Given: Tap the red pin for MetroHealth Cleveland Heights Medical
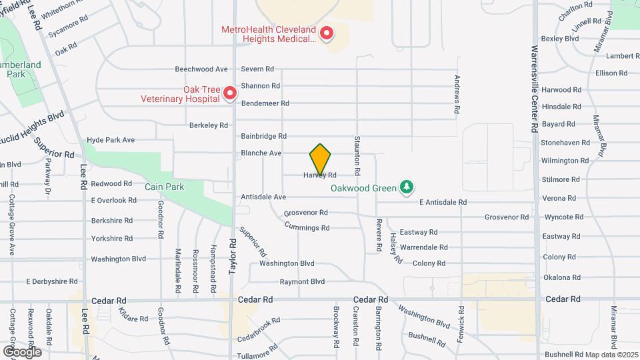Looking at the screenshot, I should coord(327,33).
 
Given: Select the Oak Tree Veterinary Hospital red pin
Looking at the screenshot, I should coord(230,93).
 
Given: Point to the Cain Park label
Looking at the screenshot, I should coord(164,187).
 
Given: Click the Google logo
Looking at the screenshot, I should coord(22,351).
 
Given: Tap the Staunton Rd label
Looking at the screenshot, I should coord(357,163).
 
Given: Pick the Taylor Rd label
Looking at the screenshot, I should coord(233,255).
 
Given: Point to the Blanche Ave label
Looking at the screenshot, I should coord(261,153).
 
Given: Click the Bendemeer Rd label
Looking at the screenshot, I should coord(265,103).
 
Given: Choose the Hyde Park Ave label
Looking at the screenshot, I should coord(111,140).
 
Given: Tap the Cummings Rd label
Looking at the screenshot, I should coord(307,227).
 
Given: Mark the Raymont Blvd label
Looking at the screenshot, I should coord(302,282).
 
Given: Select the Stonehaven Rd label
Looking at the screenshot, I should coord(565,143).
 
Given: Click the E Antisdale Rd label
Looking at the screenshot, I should coord(443,202).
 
